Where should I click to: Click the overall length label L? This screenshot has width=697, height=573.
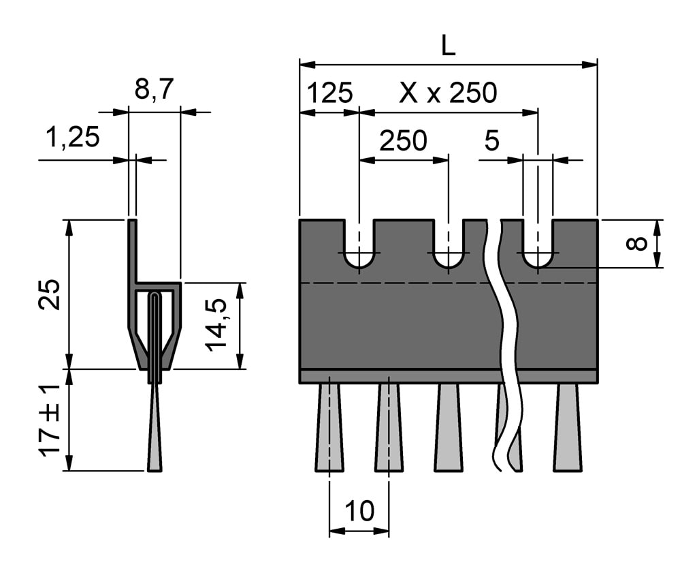447,46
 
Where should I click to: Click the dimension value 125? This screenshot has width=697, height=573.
330,93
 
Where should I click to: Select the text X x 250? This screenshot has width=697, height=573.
448,93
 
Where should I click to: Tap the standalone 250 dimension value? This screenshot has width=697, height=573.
403,141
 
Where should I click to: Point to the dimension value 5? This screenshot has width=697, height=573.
491,141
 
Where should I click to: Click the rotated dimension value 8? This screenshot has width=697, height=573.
637,243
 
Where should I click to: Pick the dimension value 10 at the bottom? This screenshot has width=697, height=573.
359,511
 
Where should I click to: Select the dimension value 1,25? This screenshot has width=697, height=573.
72,138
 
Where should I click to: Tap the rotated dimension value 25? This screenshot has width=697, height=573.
50,294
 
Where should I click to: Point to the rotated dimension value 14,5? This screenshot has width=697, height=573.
217,327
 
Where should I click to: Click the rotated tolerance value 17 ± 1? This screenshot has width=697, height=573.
50,420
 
